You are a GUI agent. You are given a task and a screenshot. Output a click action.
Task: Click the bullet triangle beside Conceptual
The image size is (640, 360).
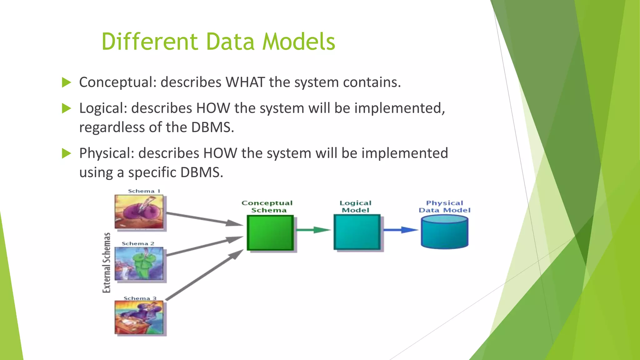(67, 82)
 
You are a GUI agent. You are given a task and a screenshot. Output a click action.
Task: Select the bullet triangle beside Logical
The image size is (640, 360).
(67, 108)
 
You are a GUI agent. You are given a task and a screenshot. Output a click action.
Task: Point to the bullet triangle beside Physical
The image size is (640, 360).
(67, 153)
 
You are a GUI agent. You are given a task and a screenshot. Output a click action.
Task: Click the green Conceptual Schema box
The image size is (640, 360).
(270, 233)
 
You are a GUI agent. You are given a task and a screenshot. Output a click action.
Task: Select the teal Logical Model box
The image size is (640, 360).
(357, 232)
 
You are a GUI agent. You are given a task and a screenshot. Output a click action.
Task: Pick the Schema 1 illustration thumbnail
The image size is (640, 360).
(139, 212)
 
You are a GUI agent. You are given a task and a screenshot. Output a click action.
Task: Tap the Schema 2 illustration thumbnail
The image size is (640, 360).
(139, 264)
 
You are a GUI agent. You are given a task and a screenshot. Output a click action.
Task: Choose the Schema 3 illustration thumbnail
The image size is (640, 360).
(139, 317)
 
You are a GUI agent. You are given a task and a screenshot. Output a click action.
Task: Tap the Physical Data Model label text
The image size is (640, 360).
(444, 207)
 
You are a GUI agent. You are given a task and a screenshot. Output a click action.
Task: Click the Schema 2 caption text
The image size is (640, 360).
(138, 243)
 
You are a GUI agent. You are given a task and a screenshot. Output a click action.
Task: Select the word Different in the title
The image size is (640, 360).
(150, 42)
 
